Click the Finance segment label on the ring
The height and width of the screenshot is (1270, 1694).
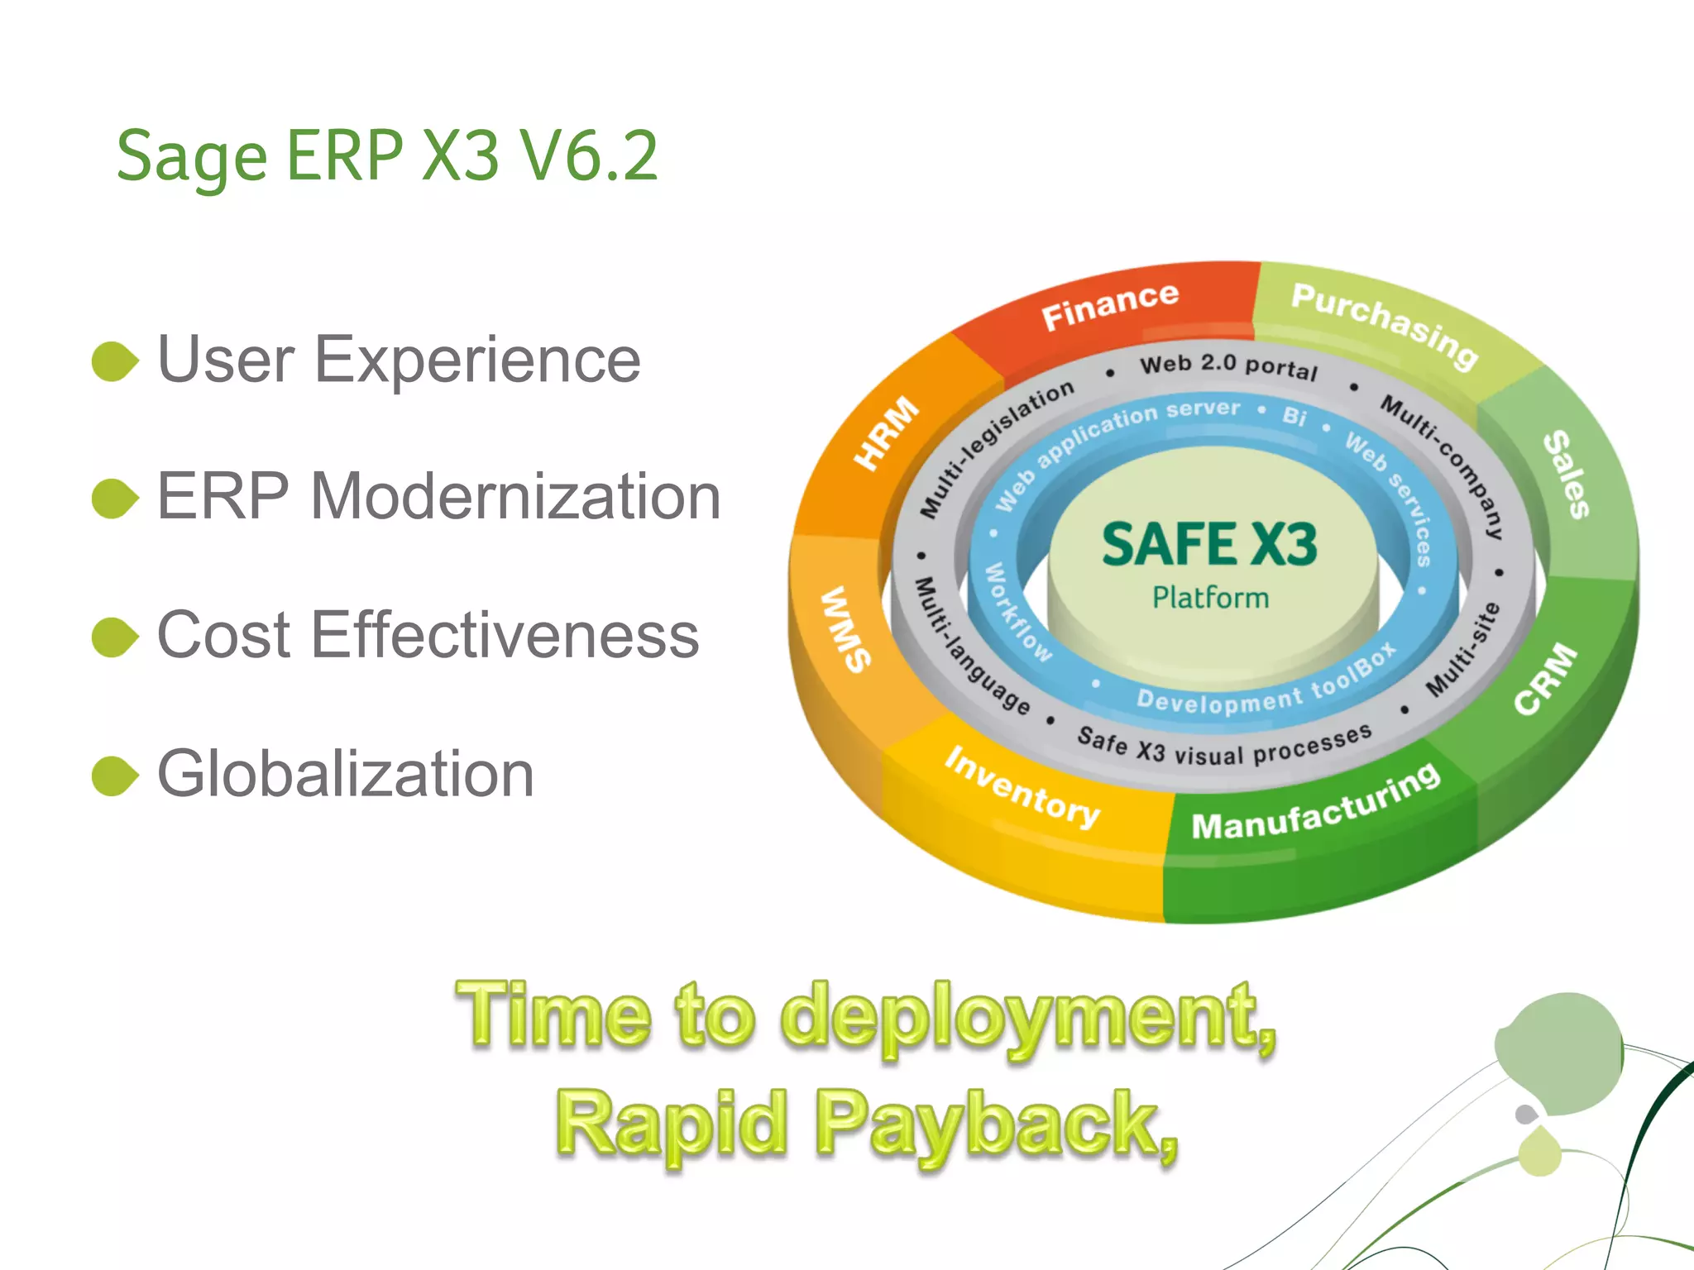(x=1109, y=305)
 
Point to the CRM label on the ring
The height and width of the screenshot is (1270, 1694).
(x=1545, y=678)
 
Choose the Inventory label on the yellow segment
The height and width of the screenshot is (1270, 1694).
(x=1022, y=786)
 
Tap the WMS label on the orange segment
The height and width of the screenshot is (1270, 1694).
(x=845, y=628)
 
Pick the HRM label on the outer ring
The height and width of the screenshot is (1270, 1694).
(x=886, y=432)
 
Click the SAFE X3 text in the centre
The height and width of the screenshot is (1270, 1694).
(x=1209, y=545)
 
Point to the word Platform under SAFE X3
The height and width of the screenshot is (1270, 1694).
(x=1210, y=598)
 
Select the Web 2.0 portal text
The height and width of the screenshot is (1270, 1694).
(x=1228, y=365)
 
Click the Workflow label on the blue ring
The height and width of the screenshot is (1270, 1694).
(x=1017, y=613)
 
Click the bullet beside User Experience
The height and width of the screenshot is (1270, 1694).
(x=114, y=361)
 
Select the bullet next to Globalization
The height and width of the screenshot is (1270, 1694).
(x=114, y=776)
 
